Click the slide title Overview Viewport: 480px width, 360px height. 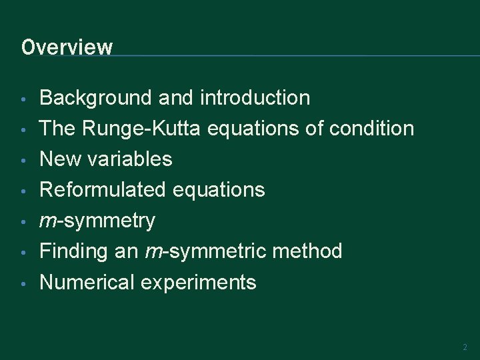tap(67, 47)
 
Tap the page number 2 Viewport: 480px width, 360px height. tap(465, 347)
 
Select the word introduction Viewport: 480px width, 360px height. tap(255, 98)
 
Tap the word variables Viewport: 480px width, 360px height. tap(127, 159)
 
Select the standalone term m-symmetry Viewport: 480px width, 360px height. tap(97, 221)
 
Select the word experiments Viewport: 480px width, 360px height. tap(198, 282)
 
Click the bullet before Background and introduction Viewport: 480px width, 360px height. tap(23, 99)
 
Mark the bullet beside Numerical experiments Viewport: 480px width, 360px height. tap(23, 283)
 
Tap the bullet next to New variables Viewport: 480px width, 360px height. tap(23, 161)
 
